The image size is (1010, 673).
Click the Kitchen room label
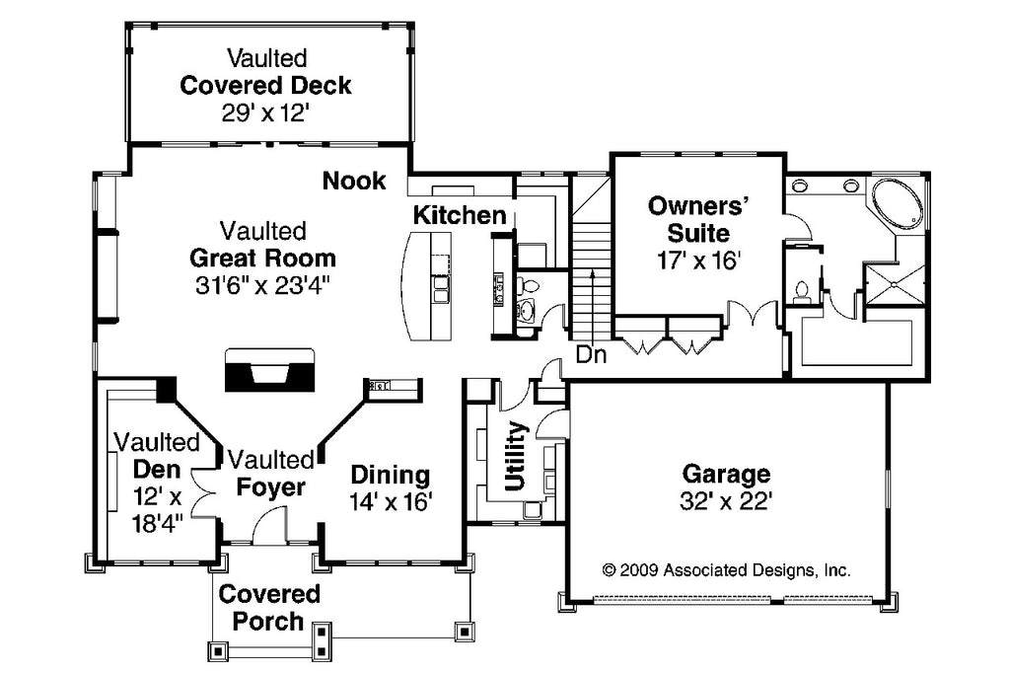(460, 215)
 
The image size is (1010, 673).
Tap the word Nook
(354, 181)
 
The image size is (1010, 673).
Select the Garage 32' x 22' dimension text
(726, 501)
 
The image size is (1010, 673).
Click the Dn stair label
(591, 354)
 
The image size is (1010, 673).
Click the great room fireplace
(269, 370)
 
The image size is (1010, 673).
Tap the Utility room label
(516, 456)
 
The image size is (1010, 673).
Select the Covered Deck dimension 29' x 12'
(266, 113)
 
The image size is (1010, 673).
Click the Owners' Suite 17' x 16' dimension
(699, 261)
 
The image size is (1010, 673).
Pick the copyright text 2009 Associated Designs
(726, 569)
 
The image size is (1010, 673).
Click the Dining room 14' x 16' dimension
(391, 501)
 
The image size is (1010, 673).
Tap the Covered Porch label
(269, 607)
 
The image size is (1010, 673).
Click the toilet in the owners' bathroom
(802, 291)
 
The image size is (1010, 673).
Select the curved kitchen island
(425, 287)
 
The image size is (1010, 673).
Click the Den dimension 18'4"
(157, 523)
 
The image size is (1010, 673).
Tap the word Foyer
(270, 487)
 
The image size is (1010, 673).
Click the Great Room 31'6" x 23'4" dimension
(262, 285)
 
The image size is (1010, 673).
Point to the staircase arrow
(592, 303)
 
